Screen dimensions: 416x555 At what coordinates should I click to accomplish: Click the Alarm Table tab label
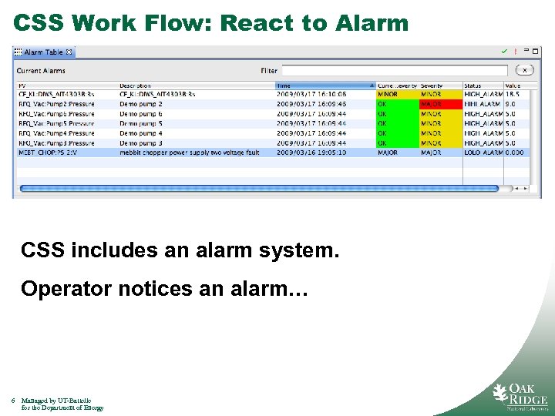pos(43,52)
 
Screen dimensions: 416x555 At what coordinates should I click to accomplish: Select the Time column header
pos(324,86)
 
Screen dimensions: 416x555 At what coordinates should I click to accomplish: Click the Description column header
pos(135,86)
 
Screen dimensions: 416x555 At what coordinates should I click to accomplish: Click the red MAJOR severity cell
pos(440,104)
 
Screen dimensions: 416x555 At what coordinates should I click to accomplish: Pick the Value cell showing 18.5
pos(513,94)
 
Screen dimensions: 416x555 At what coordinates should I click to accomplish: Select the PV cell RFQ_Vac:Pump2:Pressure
pos(56,104)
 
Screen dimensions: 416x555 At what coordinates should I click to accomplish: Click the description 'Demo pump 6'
pos(141,113)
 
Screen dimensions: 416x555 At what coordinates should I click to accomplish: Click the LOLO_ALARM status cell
pos(483,153)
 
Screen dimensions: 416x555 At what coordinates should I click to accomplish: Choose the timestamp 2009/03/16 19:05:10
pos(311,153)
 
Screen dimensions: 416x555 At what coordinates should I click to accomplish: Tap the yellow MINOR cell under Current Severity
pos(397,94)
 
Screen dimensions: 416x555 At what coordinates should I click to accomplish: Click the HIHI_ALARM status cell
pos(483,104)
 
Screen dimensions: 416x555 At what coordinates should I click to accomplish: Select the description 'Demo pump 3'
pos(141,143)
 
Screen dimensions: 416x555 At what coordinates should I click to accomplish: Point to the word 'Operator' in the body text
pos(61,289)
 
